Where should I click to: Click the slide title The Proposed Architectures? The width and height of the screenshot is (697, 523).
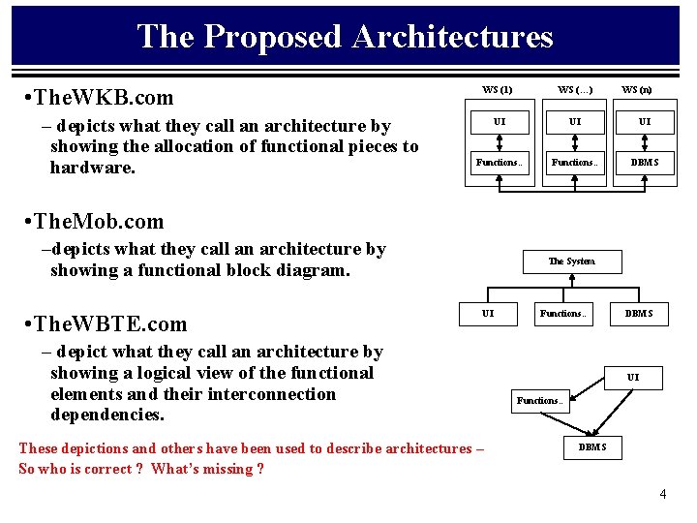click(345, 37)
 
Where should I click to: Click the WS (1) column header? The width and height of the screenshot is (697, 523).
click(498, 90)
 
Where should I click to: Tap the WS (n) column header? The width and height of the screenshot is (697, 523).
click(636, 90)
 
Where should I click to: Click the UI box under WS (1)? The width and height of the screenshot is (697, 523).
click(498, 122)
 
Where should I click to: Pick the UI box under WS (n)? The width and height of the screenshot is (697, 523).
click(644, 122)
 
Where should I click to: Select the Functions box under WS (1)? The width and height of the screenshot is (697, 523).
click(498, 163)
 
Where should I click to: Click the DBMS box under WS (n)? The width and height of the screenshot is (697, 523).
click(644, 163)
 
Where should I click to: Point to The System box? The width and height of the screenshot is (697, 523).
click(571, 261)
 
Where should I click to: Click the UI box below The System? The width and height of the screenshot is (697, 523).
click(488, 313)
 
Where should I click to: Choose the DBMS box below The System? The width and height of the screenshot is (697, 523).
click(638, 313)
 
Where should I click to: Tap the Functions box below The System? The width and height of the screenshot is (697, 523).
click(562, 313)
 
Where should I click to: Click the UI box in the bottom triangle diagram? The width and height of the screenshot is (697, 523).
click(632, 377)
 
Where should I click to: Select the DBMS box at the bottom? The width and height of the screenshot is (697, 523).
click(592, 446)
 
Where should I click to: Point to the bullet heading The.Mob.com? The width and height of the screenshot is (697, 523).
click(96, 221)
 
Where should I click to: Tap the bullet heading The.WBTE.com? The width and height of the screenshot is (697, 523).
click(107, 323)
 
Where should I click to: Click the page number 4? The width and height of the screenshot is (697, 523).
click(662, 494)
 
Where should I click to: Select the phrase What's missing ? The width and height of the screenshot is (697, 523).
click(207, 469)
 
